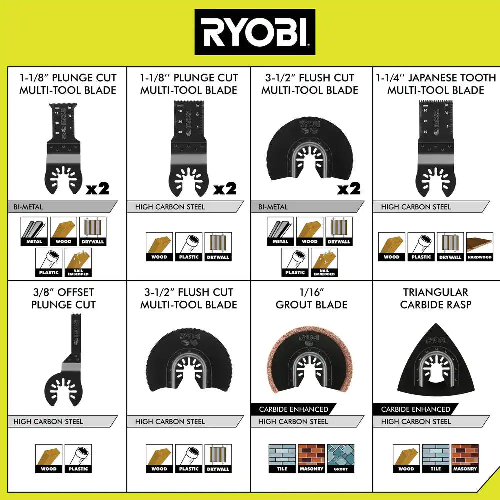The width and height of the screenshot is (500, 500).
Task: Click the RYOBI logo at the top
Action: pyautogui.click(x=255, y=32)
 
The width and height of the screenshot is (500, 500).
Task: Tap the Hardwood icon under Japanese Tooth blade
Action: pyautogui.click(x=479, y=246)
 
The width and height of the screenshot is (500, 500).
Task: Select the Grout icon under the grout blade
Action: pyautogui.click(x=340, y=458)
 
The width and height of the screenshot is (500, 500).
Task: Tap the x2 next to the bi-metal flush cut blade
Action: pyautogui.click(x=348, y=189)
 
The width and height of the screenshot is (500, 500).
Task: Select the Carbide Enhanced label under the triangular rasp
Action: pyautogui.click(x=415, y=409)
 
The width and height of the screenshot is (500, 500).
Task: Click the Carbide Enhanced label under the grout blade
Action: pyautogui.click(x=293, y=409)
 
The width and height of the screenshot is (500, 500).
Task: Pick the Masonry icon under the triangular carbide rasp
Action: pyautogui.click(x=465, y=458)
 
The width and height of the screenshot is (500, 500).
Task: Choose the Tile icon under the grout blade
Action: pyautogui.click(x=282, y=458)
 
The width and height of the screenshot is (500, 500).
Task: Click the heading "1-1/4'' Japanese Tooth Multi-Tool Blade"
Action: pyautogui.click(x=436, y=84)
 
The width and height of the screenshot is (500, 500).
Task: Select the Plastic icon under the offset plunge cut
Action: pyautogui.click(x=78, y=458)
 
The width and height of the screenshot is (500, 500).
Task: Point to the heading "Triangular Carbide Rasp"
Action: pyautogui.click(x=436, y=298)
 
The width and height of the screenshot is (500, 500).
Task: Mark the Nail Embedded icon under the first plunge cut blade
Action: pyautogui.click(x=78, y=262)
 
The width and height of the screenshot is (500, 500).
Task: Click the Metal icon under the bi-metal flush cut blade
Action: pyautogui.click(x=280, y=231)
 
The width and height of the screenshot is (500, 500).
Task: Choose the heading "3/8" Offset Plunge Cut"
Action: pyautogui.click(x=63, y=298)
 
